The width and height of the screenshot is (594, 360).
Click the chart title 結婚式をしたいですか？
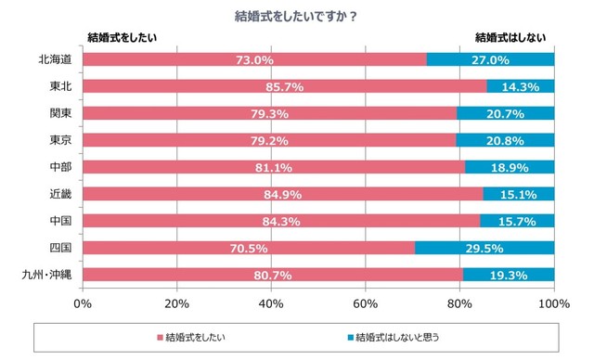click(x=296, y=16)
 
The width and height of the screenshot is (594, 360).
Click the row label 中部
click(x=61, y=167)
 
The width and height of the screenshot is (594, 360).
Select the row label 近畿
click(x=61, y=194)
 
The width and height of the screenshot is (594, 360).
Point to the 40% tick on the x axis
click(x=271, y=303)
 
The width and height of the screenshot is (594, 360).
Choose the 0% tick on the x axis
click(x=84, y=303)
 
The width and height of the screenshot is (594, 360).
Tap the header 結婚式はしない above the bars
click(x=510, y=37)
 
